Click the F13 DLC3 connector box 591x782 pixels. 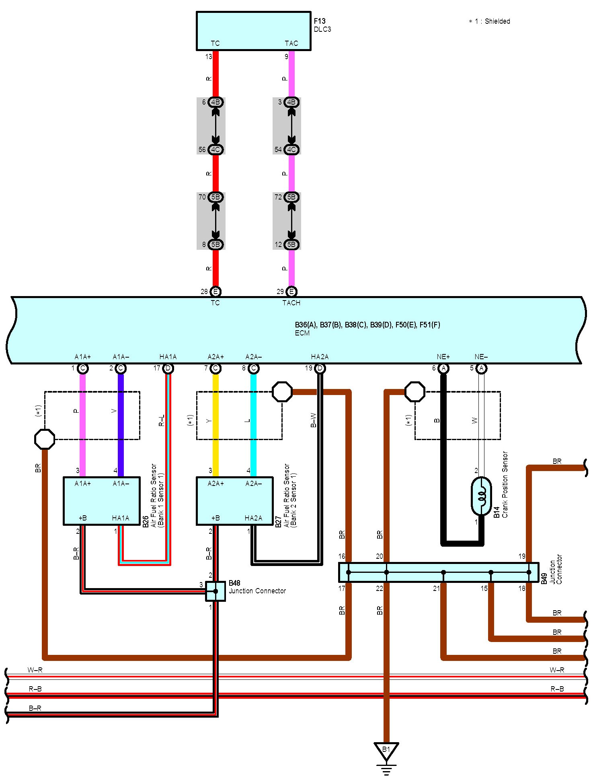click(253, 31)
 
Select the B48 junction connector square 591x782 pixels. click(215, 591)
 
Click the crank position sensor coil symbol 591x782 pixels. click(481, 496)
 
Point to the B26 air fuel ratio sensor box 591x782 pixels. click(102, 501)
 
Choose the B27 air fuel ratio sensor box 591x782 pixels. click(235, 501)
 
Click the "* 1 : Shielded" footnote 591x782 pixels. click(489, 21)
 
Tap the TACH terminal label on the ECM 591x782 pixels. click(291, 303)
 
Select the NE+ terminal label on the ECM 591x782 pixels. click(443, 357)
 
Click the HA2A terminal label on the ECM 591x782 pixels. click(320, 357)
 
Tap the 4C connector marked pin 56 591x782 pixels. click(215, 150)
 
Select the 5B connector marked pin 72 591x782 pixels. click(291, 197)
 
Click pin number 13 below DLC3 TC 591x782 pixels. click(208, 57)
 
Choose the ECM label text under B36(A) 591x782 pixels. click(302, 333)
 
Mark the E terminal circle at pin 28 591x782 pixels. click(215, 292)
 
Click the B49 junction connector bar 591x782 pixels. click(439, 572)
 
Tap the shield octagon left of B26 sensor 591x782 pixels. click(45, 439)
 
